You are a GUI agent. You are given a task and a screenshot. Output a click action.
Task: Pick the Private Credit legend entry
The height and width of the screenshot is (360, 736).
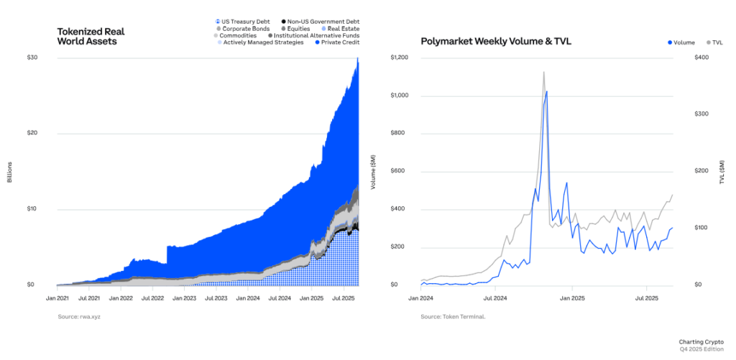pos(336,42)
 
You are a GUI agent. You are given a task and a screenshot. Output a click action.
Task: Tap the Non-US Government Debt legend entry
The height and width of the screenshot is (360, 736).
pos(320,22)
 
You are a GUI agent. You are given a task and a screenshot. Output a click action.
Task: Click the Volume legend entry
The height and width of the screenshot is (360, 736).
pos(682,42)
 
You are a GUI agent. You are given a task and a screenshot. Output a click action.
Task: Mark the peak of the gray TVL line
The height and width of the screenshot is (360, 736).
pos(543,72)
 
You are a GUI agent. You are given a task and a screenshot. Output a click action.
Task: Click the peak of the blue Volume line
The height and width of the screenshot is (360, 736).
pos(547,91)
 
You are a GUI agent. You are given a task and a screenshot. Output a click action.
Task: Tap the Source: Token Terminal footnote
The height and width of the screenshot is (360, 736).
pos(453,316)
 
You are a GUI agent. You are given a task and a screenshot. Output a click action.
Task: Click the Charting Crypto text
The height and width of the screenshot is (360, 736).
pos(701,341)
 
